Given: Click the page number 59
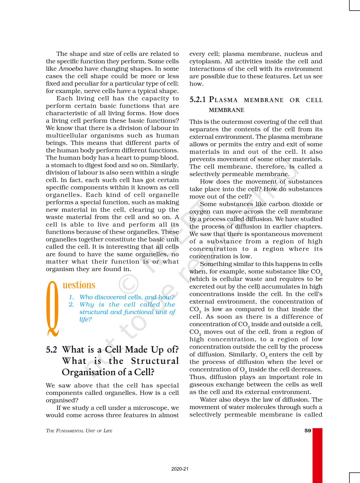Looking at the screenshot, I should (308, 431).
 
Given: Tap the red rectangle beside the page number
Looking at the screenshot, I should (317, 455).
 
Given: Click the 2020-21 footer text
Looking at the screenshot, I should (180, 469).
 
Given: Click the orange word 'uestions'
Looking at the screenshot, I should (79, 285).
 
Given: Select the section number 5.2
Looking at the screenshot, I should (51, 350).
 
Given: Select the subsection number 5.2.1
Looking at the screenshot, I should (198, 100).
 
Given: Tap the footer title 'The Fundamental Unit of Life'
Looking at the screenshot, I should (79, 431).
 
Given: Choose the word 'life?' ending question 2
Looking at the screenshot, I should (86, 319).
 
